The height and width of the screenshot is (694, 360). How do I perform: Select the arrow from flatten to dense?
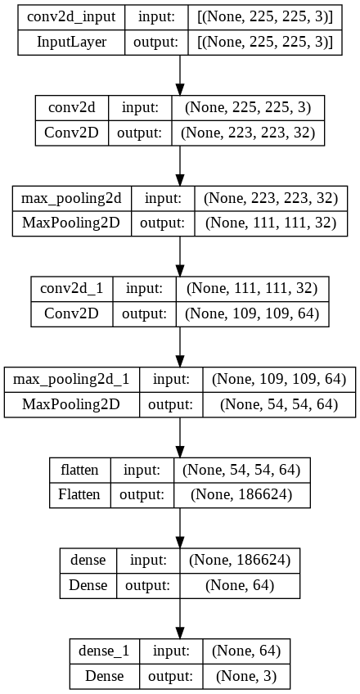pos(179,528)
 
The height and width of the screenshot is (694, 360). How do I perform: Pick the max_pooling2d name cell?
pos(71,197)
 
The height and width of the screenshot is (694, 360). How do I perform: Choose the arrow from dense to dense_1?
pos(179,619)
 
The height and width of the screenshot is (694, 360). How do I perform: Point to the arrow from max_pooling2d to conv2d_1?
pos(179,256)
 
